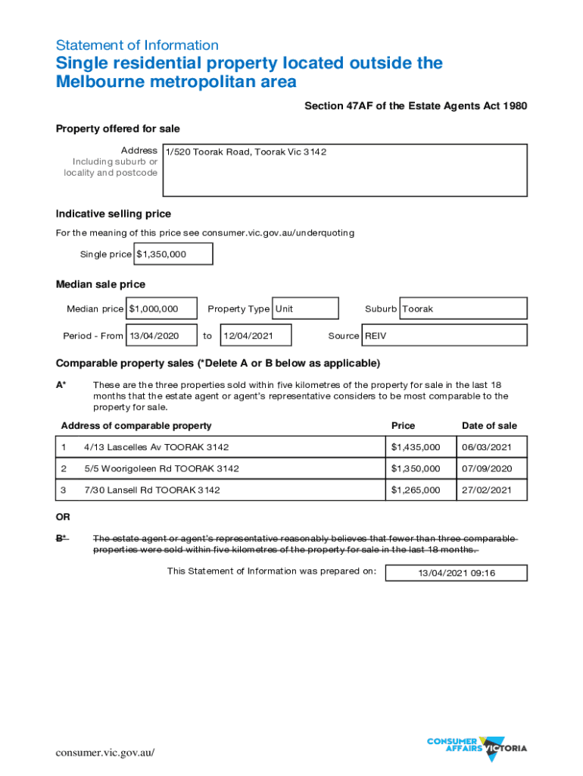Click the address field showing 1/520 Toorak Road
coord(344,170)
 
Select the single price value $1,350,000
coord(173,254)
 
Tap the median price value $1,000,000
coord(161,308)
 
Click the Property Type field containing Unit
coord(305,308)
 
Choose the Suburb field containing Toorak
coord(463,308)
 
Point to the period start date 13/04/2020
coord(161,335)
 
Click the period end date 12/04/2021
coord(255,335)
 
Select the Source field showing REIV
coord(444,335)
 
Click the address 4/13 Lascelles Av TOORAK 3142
coord(156,447)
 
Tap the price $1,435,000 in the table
coord(415,447)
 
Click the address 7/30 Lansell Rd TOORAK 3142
coord(151,490)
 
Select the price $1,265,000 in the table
coord(415,490)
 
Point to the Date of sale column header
coord(489,426)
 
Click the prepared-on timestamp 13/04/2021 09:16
coord(456,573)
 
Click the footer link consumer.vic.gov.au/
coord(105,753)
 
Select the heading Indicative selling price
coord(114,214)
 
